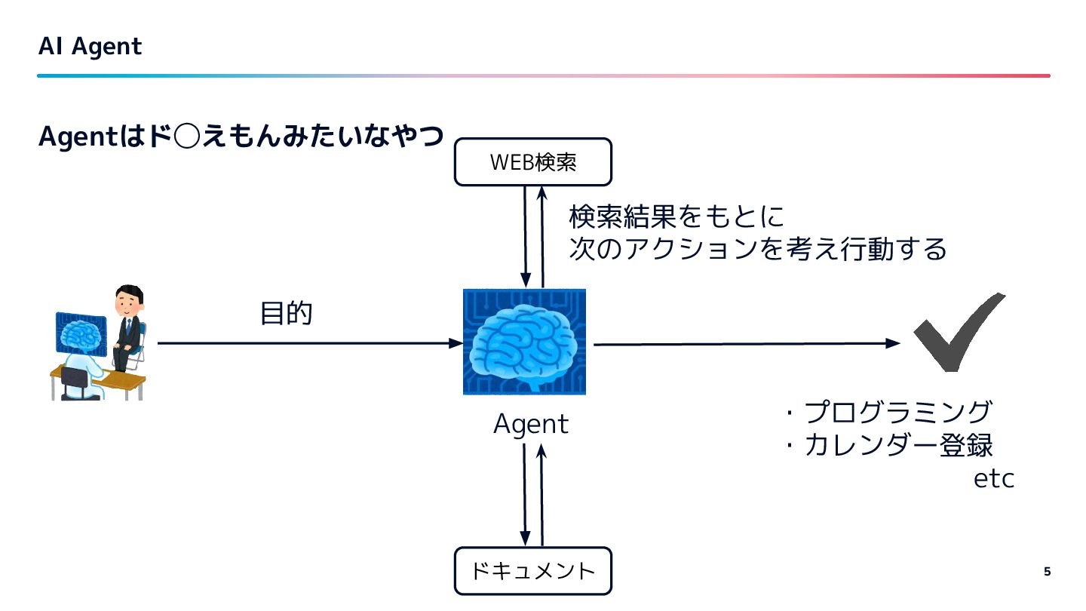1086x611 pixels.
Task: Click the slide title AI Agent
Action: pyautogui.click(x=90, y=47)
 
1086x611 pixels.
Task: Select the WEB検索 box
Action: pyautogui.click(x=532, y=162)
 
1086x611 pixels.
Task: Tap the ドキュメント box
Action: pyautogui.click(x=532, y=571)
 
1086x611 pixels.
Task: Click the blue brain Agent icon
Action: pyautogui.click(x=524, y=342)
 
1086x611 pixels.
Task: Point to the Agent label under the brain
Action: pyautogui.click(x=530, y=424)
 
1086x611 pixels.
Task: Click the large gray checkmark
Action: pyautogui.click(x=959, y=332)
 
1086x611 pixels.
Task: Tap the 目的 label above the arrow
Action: pyautogui.click(x=286, y=313)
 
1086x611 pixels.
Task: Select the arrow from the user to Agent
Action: pyautogui.click(x=309, y=343)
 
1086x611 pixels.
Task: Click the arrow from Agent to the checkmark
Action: pyautogui.click(x=747, y=344)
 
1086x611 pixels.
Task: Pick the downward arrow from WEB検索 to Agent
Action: pyautogui.click(x=525, y=234)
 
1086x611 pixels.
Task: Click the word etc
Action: pyautogui.click(x=994, y=479)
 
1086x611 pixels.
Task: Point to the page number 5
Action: pyautogui.click(x=1047, y=571)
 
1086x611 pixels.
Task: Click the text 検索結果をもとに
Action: pyautogui.click(x=676, y=218)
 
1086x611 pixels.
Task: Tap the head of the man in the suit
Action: pyautogui.click(x=127, y=301)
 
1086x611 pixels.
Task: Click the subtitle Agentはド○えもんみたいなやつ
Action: pyautogui.click(x=240, y=137)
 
